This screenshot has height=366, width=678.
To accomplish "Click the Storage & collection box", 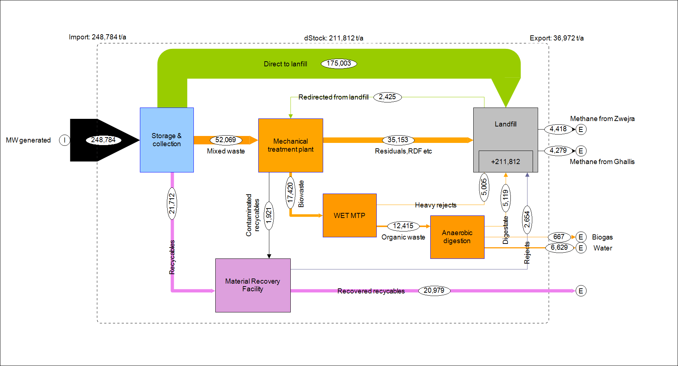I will (x=166, y=140).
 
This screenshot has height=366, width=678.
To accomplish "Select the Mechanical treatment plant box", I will (x=290, y=145).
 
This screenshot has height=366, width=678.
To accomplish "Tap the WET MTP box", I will (x=349, y=215).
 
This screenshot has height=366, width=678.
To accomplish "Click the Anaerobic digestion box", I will (x=457, y=237).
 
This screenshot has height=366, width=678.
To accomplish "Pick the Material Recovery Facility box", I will (x=252, y=285).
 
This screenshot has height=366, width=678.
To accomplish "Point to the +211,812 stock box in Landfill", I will (x=505, y=161).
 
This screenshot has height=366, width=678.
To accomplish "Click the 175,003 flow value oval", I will (x=338, y=63).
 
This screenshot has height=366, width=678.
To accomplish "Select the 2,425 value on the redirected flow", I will (x=387, y=97).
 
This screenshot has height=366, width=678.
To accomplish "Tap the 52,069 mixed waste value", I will (x=226, y=140).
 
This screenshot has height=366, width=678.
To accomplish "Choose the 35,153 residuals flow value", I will (x=398, y=140).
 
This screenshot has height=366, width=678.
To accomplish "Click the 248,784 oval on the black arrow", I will (x=103, y=140).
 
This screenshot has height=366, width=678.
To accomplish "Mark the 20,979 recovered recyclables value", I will (x=434, y=291).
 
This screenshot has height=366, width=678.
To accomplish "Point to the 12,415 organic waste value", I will (x=403, y=226).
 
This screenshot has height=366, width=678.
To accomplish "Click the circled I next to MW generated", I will (x=64, y=140).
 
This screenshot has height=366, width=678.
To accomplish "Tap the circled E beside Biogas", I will (x=581, y=237).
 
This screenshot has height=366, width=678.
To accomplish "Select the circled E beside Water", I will (x=581, y=248).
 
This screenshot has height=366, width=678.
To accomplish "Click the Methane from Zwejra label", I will (x=602, y=119).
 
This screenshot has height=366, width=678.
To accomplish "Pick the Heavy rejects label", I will (x=435, y=205).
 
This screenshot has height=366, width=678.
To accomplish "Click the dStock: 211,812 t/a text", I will (x=333, y=38).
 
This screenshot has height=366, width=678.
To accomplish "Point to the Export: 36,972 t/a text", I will (x=556, y=38).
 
